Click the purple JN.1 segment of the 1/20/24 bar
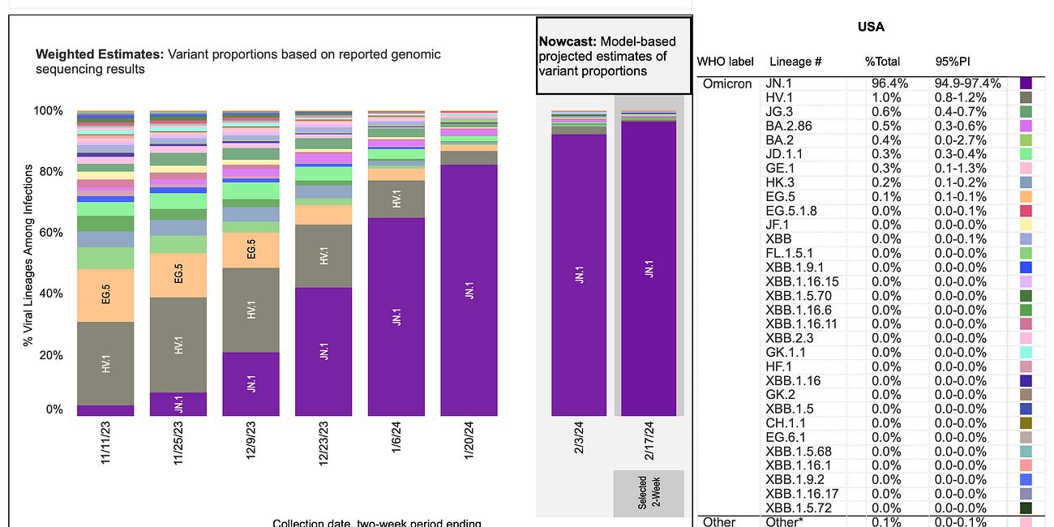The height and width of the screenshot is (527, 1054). (x=469, y=290)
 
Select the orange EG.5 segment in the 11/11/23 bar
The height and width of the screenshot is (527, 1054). (x=105, y=295)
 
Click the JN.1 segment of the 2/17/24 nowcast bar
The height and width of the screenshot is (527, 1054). (x=649, y=268)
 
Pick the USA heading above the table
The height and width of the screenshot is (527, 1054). (x=871, y=27)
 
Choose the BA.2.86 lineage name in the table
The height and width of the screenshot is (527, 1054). (x=788, y=126)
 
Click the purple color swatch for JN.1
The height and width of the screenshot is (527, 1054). (x=1026, y=84)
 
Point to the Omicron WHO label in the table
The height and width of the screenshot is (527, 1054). (x=726, y=84)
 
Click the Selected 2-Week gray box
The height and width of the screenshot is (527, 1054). (x=648, y=493)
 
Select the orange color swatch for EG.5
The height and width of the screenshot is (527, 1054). (x=1026, y=197)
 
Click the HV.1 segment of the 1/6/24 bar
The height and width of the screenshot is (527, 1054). (x=396, y=199)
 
